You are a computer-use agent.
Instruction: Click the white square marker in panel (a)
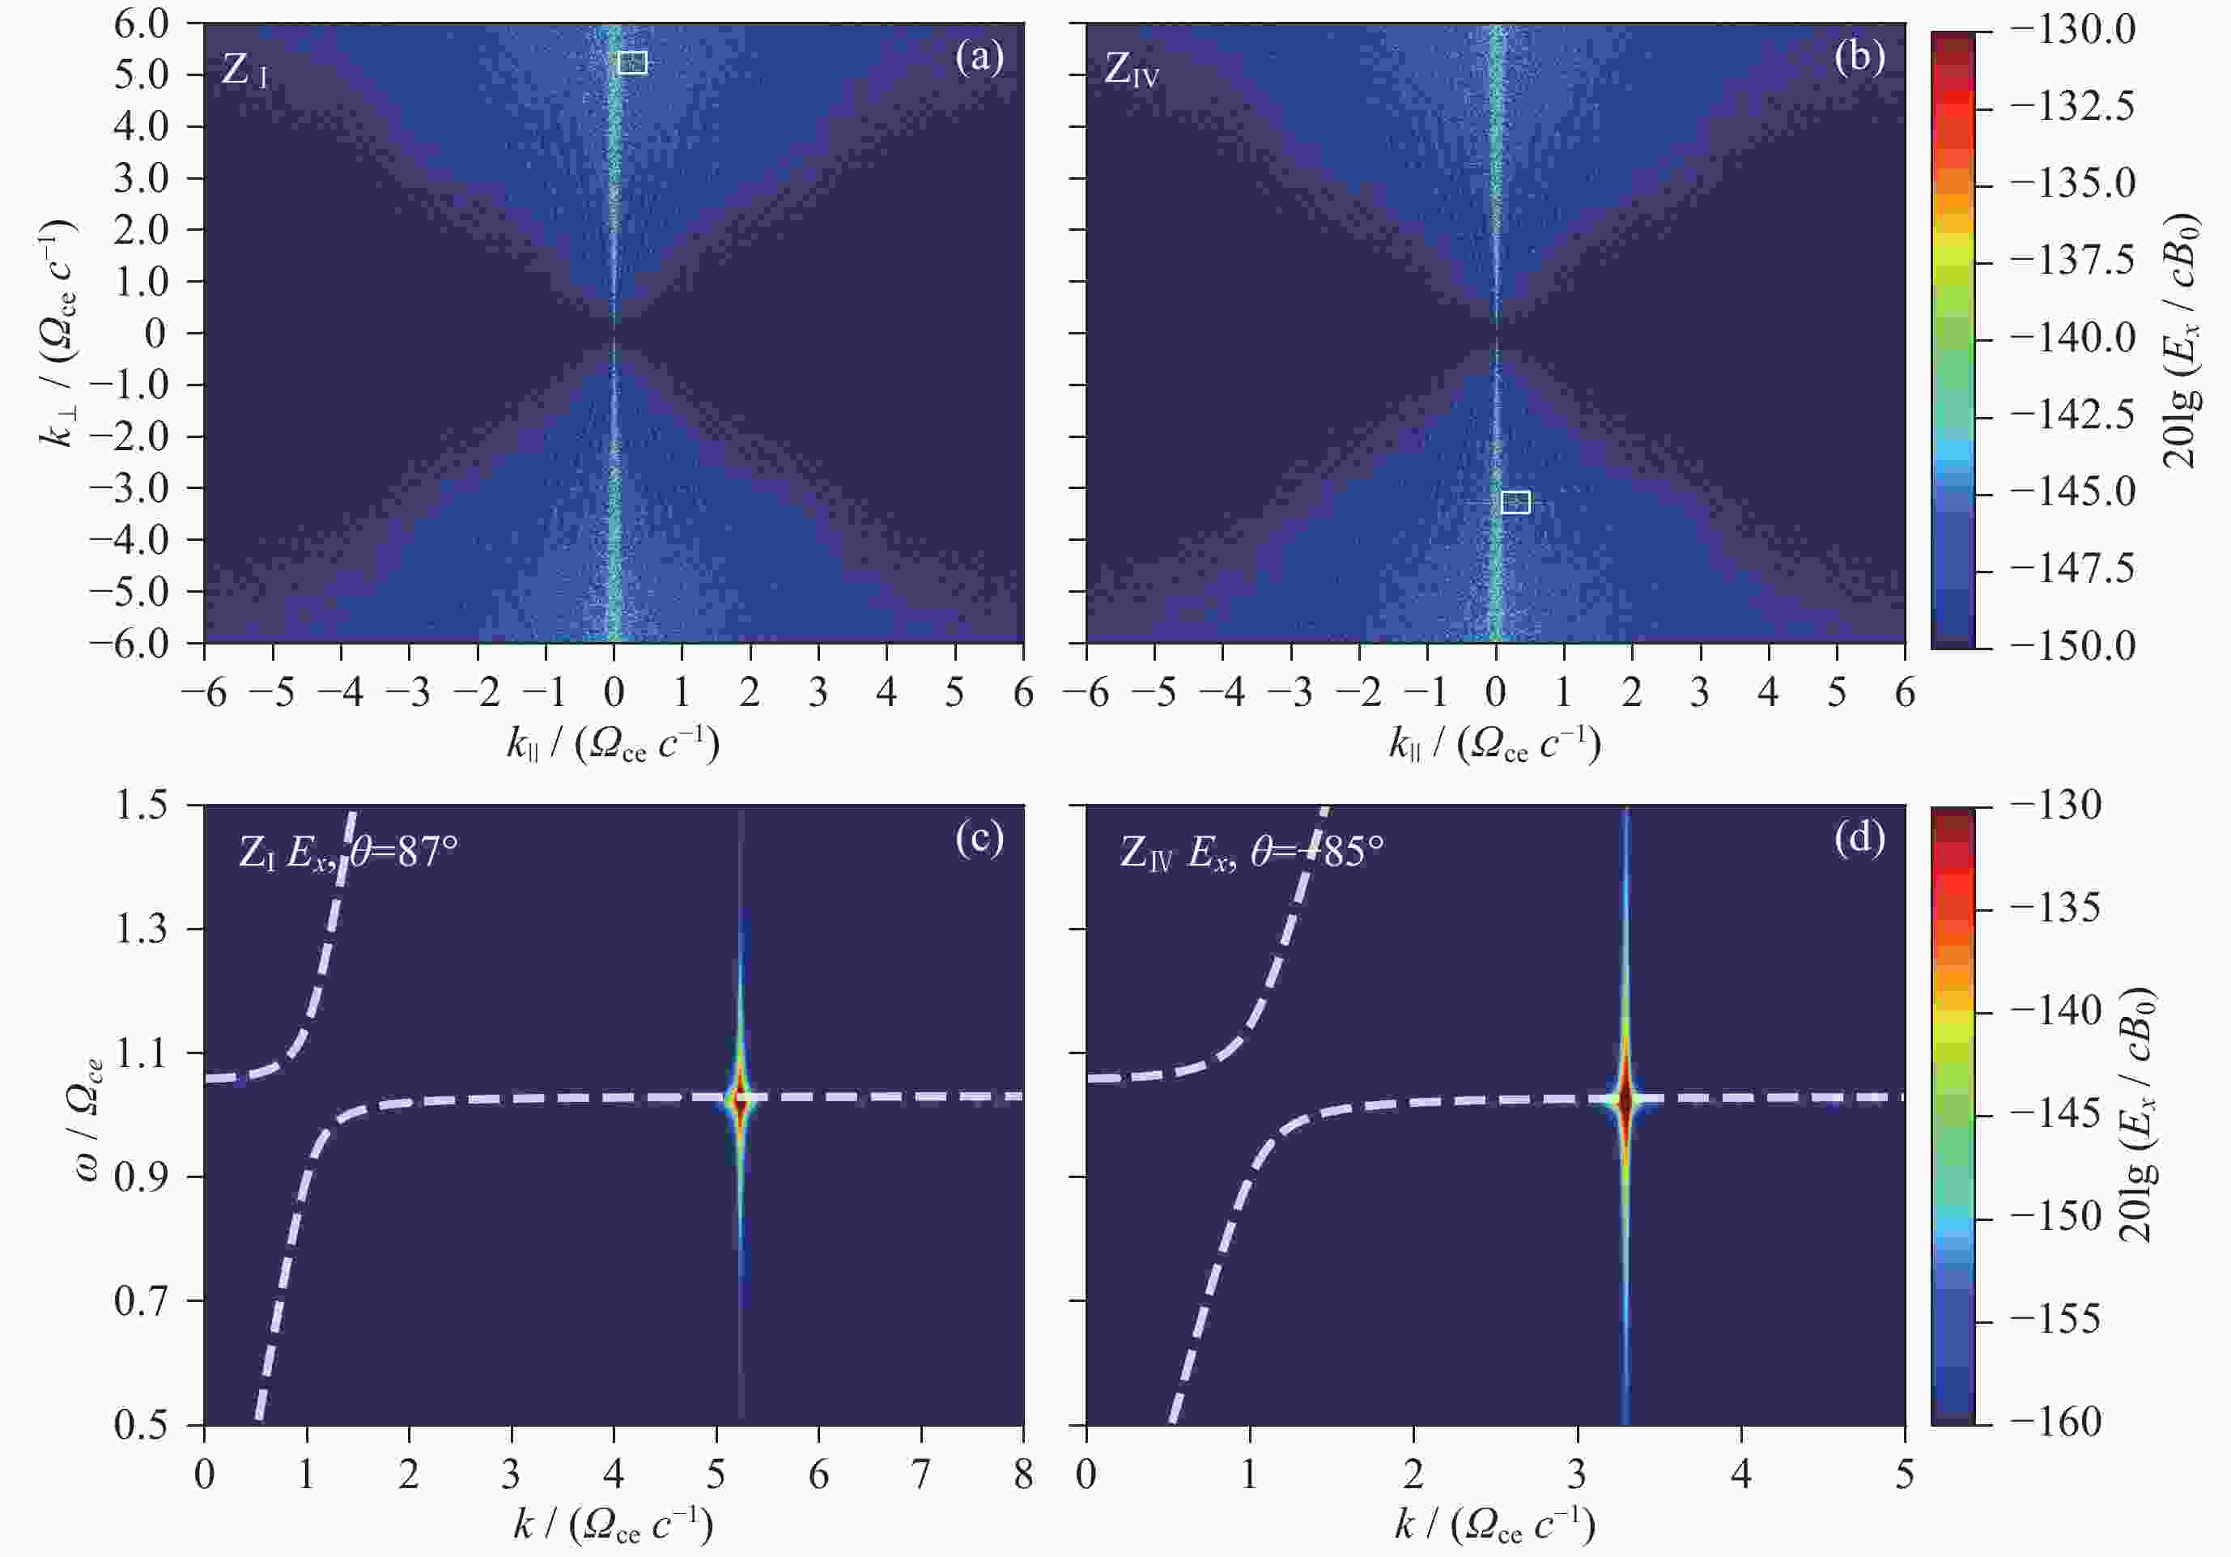coord(631,63)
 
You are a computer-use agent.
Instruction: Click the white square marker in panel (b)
coord(1515,501)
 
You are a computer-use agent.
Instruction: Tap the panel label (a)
coord(979,58)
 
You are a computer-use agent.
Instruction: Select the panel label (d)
coord(1859,838)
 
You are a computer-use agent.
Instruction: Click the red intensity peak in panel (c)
coord(741,1101)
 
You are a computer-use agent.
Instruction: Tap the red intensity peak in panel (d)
coord(1625,1101)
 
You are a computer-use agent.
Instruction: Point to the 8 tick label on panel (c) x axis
coord(1022,1475)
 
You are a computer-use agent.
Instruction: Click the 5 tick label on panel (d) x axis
coord(1903,1475)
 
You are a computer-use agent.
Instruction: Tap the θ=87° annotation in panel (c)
coord(403,853)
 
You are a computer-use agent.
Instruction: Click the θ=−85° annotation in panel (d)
coord(1316,853)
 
